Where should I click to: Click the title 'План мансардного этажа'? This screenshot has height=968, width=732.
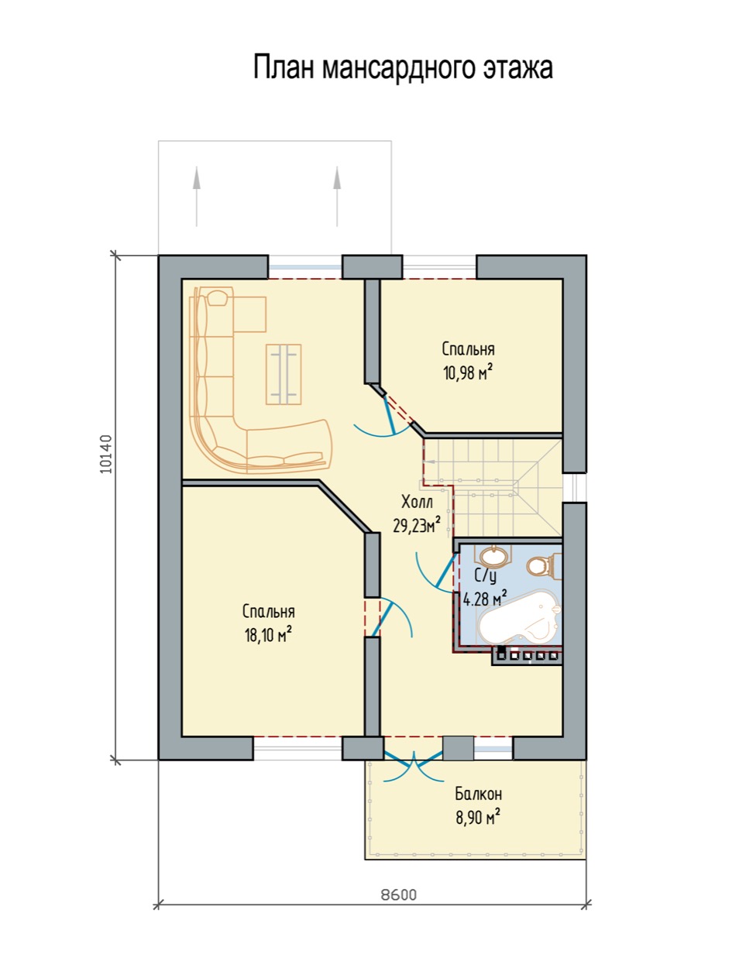pos(403,68)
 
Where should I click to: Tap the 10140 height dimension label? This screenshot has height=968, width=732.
pos(106,455)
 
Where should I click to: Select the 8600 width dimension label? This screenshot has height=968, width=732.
pos(398,894)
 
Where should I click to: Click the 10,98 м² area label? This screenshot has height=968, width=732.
pos(467,372)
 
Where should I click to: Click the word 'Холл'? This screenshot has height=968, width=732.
pos(417,502)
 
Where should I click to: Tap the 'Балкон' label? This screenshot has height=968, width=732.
pos(479,794)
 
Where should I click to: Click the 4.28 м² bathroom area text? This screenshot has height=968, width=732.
pos(485,599)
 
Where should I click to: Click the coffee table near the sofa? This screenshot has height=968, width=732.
pos(283,374)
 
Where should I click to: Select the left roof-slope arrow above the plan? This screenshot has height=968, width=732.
pos(197,196)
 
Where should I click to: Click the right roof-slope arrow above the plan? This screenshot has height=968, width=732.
pos(337,196)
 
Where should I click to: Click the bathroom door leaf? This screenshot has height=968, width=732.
pos(446,570)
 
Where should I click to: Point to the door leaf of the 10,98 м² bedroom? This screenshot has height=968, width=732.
pos(389,414)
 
